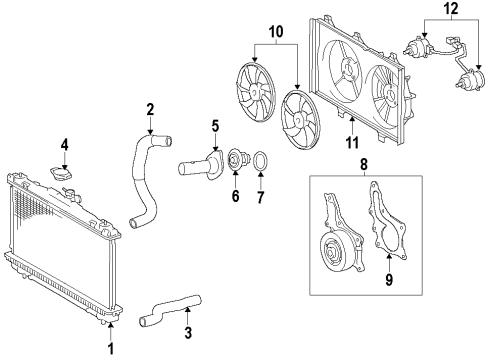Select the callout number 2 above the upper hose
(150, 109)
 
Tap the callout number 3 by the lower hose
(187, 339)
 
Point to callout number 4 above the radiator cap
(64, 145)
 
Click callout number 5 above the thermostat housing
(214, 126)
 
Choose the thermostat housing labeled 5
(204, 160)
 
